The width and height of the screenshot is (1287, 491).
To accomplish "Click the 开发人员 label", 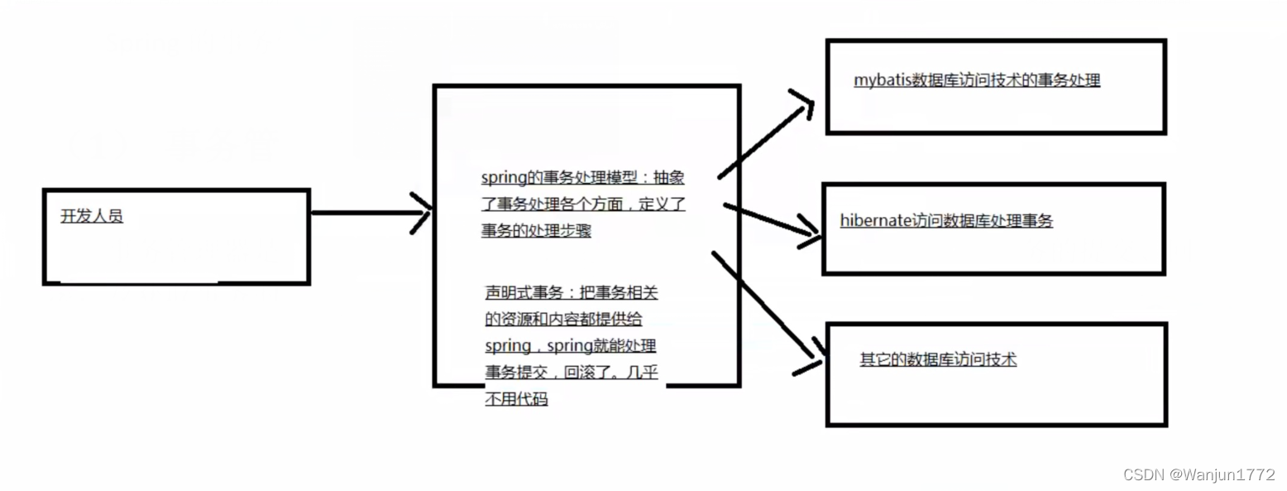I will [x=92, y=217].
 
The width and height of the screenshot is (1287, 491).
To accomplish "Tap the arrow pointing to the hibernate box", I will [x=769, y=220].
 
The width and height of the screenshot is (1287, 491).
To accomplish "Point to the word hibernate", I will [x=876, y=221].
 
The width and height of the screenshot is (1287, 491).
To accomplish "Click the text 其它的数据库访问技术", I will [x=938, y=359].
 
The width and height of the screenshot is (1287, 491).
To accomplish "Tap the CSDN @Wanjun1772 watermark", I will [x=1198, y=474].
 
